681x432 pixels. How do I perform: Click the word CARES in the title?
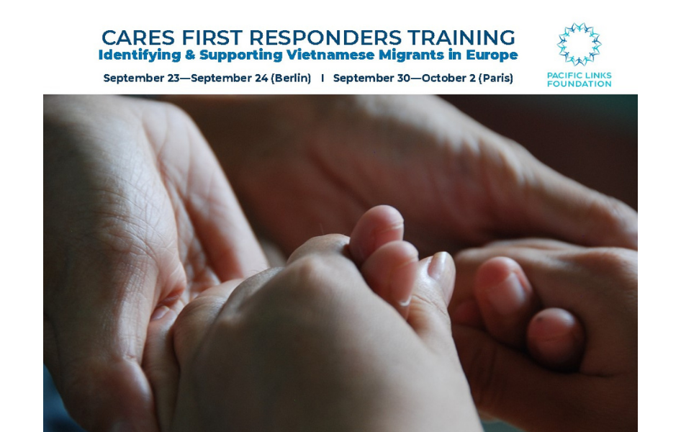point(137,37)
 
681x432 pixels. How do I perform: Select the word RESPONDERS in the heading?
point(325,37)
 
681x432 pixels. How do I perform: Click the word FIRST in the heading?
point(212,37)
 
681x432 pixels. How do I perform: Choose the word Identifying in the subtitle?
point(140,55)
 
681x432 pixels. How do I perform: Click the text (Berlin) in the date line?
point(291,78)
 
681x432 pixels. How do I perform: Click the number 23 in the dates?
point(173,78)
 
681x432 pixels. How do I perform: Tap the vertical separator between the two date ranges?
point(323,78)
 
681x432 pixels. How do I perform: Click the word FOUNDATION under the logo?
point(579,84)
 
